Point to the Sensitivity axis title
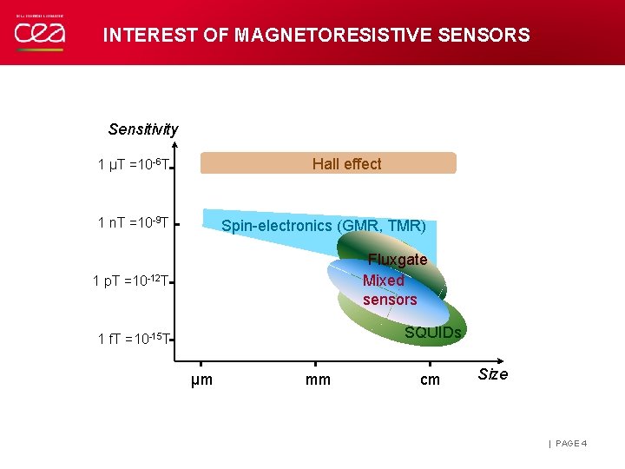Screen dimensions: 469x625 [143, 129]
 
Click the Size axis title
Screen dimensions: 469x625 [493, 374]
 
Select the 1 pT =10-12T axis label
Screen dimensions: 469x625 [130, 281]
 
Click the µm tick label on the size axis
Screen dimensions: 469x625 [201, 380]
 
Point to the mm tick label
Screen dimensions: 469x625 [318, 380]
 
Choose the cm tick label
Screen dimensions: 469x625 [430, 380]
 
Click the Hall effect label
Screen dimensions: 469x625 [346, 164]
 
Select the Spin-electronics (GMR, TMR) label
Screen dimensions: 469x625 [323, 226]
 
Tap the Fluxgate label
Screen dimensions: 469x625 [398, 260]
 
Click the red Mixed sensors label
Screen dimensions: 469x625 [389, 290]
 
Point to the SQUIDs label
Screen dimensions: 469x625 [432, 333]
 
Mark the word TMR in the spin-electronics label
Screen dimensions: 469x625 [405, 226]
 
